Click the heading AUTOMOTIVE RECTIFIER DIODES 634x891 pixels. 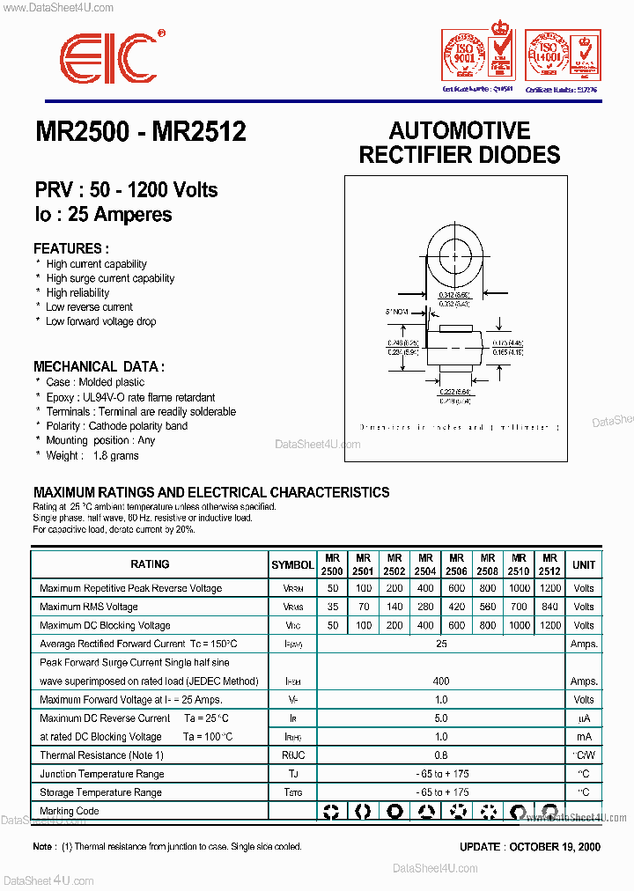click(460, 143)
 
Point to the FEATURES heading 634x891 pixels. click(71, 248)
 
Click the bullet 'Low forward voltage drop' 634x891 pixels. click(100, 321)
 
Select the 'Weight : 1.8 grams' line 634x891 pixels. click(92, 455)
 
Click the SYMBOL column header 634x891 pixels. click(292, 564)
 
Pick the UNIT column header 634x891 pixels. click(583, 564)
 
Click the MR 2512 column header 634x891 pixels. click(549, 564)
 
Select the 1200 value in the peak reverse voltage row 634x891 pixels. click(549, 588)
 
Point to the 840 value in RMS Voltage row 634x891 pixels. click(549, 607)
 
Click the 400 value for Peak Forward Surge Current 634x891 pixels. click(441, 681)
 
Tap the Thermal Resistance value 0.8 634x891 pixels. click(441, 755)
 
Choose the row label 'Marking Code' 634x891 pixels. click(70, 811)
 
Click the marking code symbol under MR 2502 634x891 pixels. click(395, 812)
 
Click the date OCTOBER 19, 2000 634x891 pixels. click(557, 846)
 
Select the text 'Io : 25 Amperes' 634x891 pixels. click(103, 214)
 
